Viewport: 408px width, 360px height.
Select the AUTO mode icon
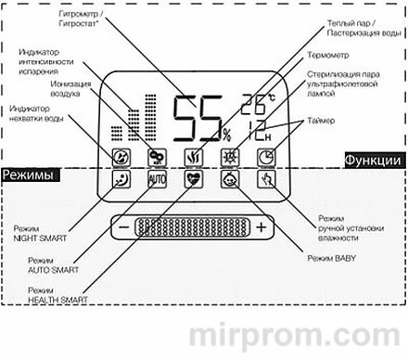[x=157, y=179]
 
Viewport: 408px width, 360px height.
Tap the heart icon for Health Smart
[x=193, y=179]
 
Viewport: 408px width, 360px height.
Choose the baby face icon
[x=227, y=179]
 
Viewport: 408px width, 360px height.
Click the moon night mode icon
[x=121, y=179]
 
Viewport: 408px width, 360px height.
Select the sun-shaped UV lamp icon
[x=227, y=156]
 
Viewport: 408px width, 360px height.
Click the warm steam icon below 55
[x=193, y=156]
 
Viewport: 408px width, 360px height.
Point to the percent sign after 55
[x=226, y=135]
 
